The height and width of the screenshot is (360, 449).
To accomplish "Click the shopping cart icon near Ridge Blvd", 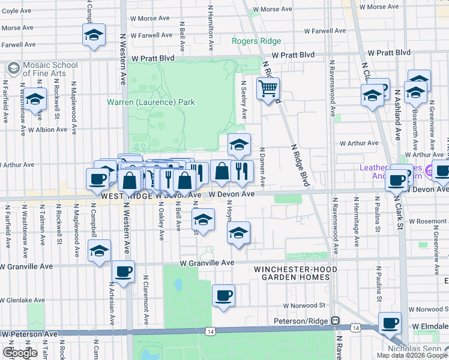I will [x=268, y=89].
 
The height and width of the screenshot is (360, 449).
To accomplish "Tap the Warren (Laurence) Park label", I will [x=151, y=103].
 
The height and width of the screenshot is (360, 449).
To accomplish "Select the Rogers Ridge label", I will [x=256, y=41].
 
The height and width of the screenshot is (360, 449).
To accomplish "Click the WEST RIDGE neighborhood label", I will [x=124, y=196].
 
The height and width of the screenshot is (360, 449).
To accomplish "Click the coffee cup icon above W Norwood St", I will [x=223, y=295].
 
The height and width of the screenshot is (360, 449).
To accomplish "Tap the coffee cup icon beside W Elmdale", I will [x=390, y=323].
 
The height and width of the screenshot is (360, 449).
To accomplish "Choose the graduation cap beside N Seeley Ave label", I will [x=239, y=144].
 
